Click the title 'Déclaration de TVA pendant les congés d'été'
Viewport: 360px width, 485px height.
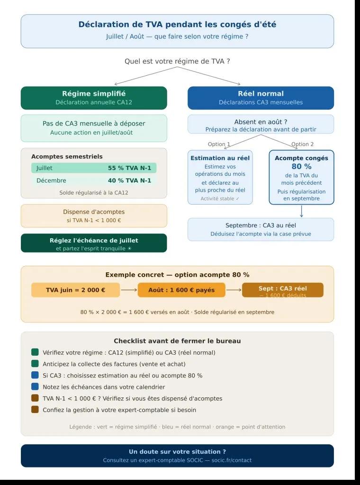[x=177, y=25]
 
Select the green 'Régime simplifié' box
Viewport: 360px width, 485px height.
[x=94, y=98]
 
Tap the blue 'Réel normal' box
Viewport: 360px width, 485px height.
[x=261, y=98]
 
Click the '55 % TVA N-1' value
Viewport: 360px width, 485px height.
[x=129, y=168]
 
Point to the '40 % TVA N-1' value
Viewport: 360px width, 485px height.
[x=129, y=180]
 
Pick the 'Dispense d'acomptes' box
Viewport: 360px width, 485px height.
[x=94, y=216]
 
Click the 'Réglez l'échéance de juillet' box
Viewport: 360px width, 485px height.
[x=94, y=243]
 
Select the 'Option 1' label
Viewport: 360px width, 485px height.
[x=219, y=144]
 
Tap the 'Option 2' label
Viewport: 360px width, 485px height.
[x=303, y=144]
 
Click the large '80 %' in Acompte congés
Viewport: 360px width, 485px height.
[x=301, y=167]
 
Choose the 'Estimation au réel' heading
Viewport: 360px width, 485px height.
[x=220, y=158]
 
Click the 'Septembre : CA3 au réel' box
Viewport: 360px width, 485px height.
[x=261, y=229]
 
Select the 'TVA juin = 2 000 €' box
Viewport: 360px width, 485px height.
[x=76, y=290]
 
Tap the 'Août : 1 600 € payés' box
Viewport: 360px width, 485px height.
[x=181, y=290]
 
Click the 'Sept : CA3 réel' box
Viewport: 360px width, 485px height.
[x=282, y=290]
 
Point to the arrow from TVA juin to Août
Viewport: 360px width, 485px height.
[x=129, y=290]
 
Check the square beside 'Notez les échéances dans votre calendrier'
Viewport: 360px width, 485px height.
[x=35, y=386]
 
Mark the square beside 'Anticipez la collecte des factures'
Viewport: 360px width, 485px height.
[x=35, y=364]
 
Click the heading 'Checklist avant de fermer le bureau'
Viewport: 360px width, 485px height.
[x=177, y=341]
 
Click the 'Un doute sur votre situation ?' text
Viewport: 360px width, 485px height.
[x=177, y=452]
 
